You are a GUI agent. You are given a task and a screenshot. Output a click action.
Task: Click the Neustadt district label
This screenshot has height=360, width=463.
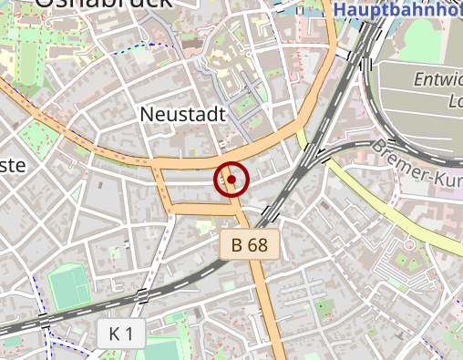coord(181,114)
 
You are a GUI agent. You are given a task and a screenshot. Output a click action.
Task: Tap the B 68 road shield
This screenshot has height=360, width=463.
coord(250,244)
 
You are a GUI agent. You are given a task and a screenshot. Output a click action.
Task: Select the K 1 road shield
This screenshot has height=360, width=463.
coord(120,334)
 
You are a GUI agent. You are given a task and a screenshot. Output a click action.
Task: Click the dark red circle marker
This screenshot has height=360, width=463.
coord(231,180)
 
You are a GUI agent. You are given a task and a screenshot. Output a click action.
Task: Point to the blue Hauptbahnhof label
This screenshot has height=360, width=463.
coord(397,10)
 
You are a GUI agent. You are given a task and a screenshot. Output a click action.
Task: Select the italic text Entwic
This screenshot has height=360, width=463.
coord(438,79)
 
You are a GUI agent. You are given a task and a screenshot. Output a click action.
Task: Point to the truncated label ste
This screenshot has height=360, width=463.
coord(11,165)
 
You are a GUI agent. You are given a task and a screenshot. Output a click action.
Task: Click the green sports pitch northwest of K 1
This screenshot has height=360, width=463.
coord(69,286)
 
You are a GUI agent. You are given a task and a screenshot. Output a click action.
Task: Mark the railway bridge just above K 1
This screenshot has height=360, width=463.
coord(141,294)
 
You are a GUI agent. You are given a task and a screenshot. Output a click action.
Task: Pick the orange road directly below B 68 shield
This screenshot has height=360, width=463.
coord(265,301)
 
